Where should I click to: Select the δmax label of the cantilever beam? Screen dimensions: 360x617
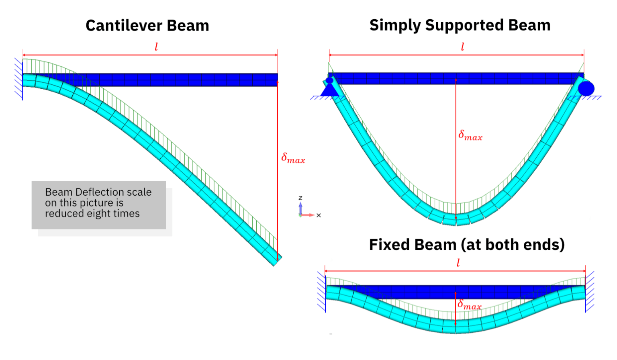click(293, 158)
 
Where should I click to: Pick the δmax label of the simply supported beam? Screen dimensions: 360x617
click(470, 135)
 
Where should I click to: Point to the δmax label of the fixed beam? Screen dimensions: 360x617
click(469, 305)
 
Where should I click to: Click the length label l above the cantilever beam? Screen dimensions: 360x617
click(156, 47)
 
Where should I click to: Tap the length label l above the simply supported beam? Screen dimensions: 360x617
click(462, 47)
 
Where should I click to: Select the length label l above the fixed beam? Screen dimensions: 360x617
click(458, 263)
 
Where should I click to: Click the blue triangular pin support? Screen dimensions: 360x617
click(330, 89)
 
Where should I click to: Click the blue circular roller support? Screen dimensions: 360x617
click(586, 88)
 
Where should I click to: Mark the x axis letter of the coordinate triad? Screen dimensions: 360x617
click(319, 215)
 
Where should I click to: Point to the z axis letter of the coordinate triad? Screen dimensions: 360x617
click(300, 198)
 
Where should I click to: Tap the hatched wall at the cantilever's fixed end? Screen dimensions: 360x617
click(18, 78)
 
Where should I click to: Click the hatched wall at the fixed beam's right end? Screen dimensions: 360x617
click(589, 291)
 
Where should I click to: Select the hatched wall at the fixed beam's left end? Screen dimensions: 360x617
click(321, 292)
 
